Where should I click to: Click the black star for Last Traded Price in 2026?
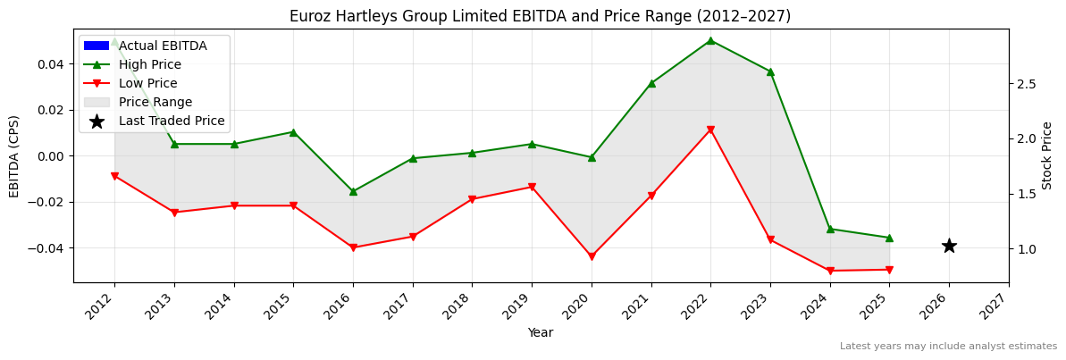pos(949,246)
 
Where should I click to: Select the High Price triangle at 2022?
pos(710,40)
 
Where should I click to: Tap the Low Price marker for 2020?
pos(592,256)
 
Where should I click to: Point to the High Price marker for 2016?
pos(353,191)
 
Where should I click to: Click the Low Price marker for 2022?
pos(710,130)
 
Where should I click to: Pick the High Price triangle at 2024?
pos(830,229)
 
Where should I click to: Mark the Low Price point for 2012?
pos(114,176)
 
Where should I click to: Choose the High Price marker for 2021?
pos(651,83)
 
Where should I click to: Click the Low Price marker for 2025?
pos(889,270)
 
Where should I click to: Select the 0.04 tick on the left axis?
pos(51,64)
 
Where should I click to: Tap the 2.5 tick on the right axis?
pos(1026,84)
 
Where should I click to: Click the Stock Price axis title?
pos(1047,155)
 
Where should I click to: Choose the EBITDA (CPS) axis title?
pos(14,155)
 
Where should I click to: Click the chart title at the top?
pos(540,16)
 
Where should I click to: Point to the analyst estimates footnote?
pos(948,346)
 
